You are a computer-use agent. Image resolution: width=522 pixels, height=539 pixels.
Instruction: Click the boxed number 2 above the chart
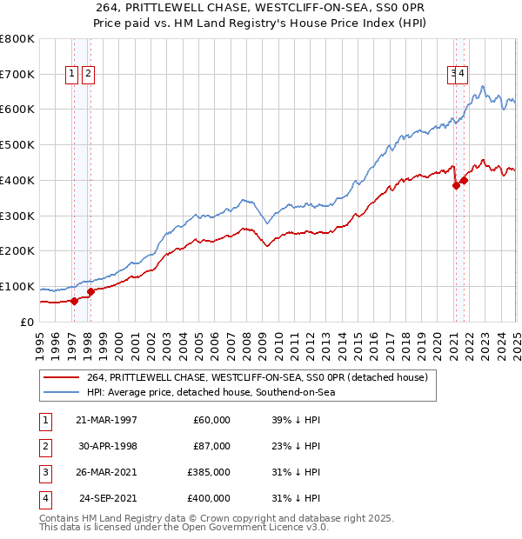coord(89,75)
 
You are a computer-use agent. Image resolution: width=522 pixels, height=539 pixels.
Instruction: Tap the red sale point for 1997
coord(74,301)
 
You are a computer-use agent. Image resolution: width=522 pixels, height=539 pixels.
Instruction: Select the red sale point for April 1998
coord(91,291)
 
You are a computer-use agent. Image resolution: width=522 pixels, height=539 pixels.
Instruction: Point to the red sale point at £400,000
coord(465,180)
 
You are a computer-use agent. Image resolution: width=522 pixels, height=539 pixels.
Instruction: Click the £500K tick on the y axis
coord(18,144)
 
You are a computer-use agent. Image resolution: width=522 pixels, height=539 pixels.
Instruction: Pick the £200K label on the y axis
coord(18,250)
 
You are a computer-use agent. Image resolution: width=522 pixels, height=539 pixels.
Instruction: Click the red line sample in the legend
coord(62,378)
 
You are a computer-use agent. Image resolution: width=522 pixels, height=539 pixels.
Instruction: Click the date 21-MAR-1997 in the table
coord(106,420)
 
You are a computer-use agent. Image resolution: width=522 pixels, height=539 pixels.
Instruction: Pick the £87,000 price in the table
coord(211,446)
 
